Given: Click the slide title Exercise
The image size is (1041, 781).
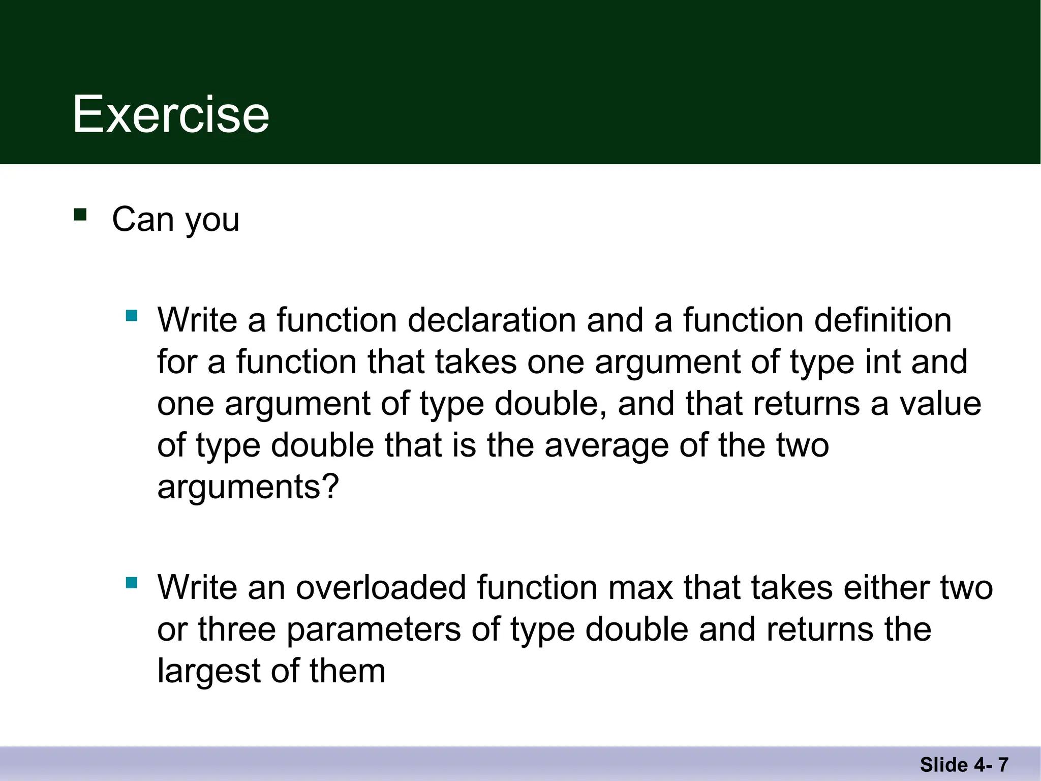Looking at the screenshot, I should [x=171, y=115].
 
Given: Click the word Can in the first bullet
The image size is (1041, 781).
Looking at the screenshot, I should [x=143, y=220].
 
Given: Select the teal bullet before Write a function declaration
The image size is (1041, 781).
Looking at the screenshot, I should [x=132, y=316].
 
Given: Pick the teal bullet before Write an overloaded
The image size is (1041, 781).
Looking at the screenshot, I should [x=132, y=583].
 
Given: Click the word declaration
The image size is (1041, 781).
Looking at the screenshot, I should [x=492, y=320].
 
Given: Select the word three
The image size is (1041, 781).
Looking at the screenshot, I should [x=236, y=629].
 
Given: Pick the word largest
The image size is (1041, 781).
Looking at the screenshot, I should [x=209, y=671].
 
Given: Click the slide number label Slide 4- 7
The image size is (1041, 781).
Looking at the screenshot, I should [x=964, y=765].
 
